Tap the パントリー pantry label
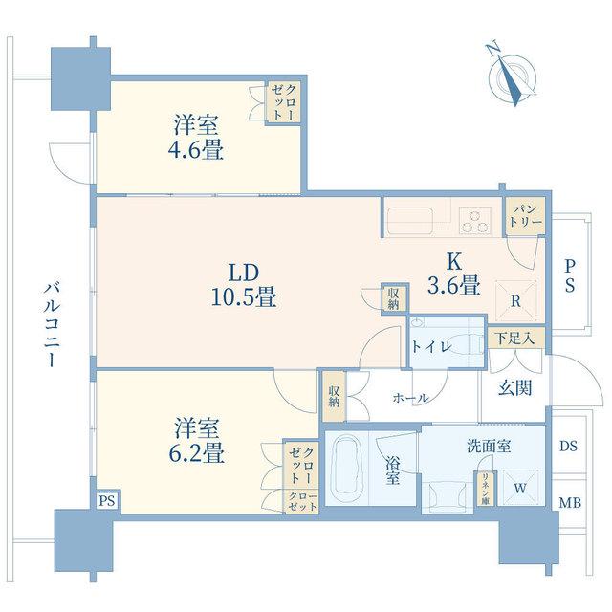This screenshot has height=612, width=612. pyautogui.click(x=527, y=216)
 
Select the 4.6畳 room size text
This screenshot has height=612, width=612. pyautogui.click(x=195, y=150)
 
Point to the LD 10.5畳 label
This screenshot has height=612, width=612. pyautogui.click(x=244, y=285)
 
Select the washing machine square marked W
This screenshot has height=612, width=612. pyautogui.click(x=520, y=488)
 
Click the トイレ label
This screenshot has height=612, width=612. pyautogui.click(x=431, y=346)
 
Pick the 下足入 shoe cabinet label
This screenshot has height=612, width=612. pyautogui.click(x=514, y=338)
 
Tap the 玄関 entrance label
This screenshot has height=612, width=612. pyautogui.click(x=514, y=387)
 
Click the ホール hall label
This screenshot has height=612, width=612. pyautogui.click(x=410, y=398)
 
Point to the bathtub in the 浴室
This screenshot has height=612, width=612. pyautogui.click(x=347, y=467)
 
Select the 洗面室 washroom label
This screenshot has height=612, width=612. pyautogui.click(x=489, y=447)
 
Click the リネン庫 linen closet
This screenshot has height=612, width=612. pyautogui.click(x=485, y=489)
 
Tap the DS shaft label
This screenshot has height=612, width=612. pyautogui.click(x=568, y=446)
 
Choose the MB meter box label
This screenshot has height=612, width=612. pyautogui.click(x=570, y=503)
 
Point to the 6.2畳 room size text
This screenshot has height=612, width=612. pyautogui.click(x=196, y=454)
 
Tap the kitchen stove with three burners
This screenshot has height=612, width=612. pyautogui.click(x=474, y=221)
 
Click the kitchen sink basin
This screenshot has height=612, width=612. pyautogui.click(x=410, y=221)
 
